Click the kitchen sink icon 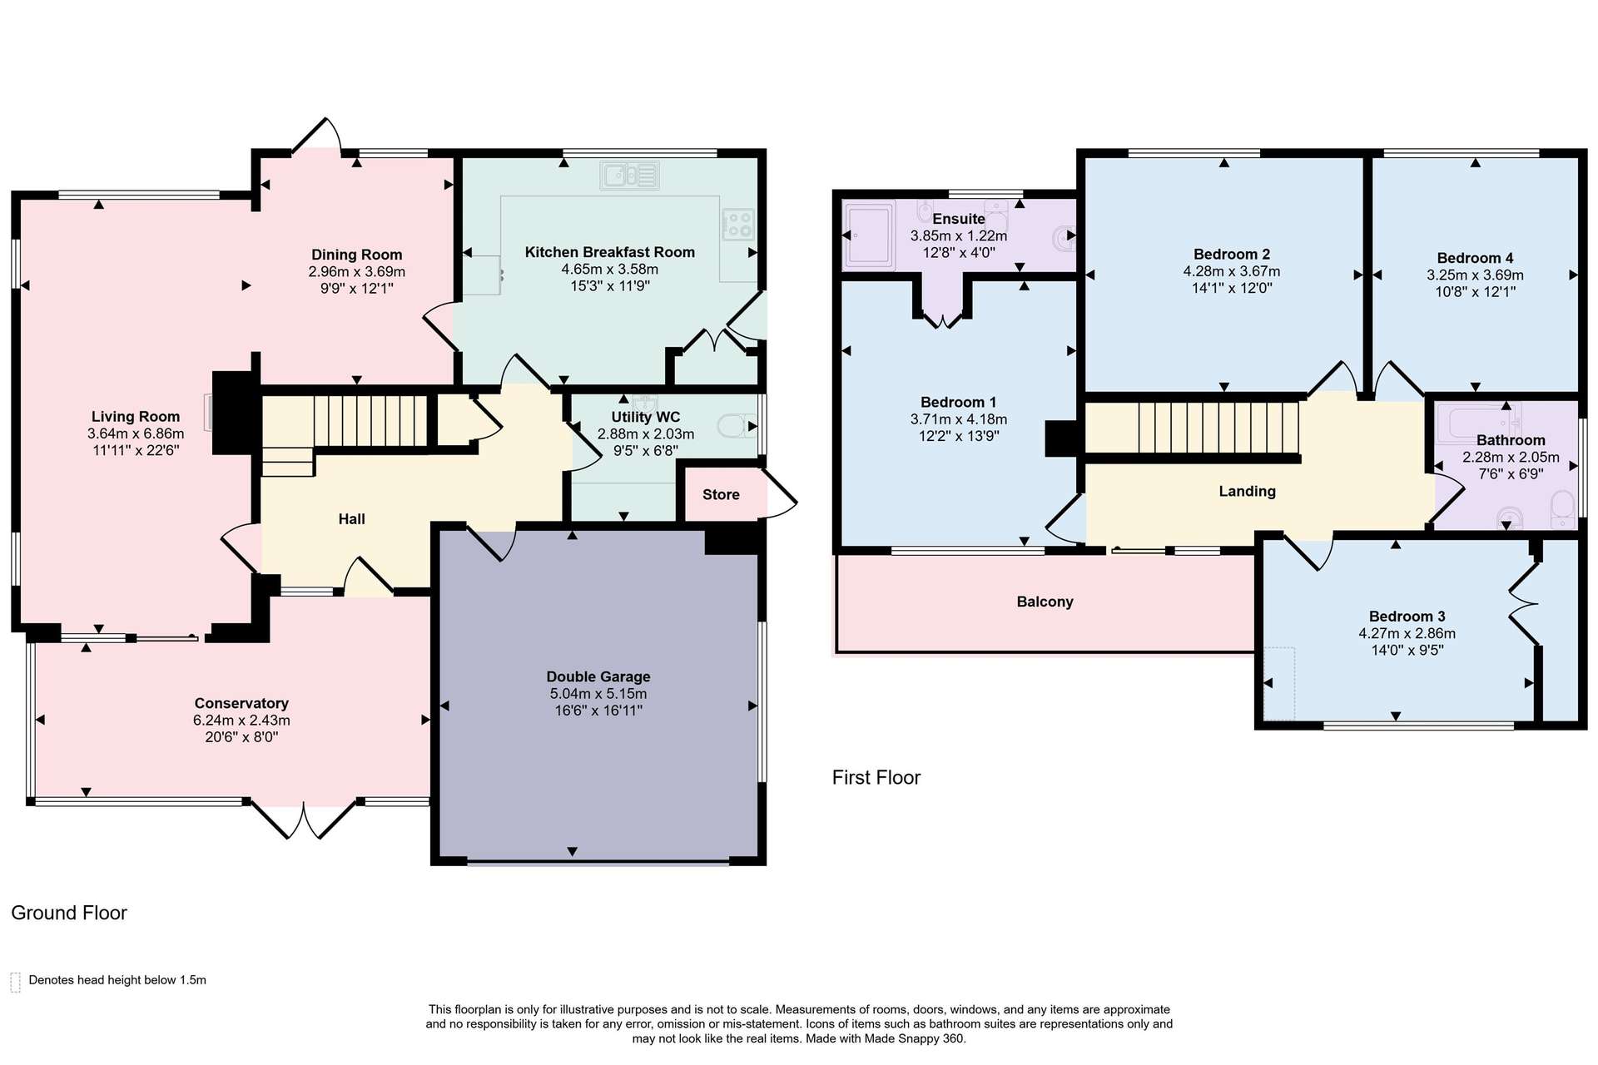point(630,176)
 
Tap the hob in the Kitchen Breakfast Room point(738,224)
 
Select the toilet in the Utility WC point(737,427)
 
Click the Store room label point(721,494)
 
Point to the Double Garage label point(598,676)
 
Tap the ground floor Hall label point(352,519)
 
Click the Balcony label point(1045,602)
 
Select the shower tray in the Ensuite point(869,235)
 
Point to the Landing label point(1247,491)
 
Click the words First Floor point(876,777)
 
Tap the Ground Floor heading point(69,913)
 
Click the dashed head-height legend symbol point(15,982)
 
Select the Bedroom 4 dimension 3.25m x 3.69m point(1475,275)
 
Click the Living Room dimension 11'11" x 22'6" point(136,450)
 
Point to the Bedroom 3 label point(1407,617)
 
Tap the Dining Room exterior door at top point(317,137)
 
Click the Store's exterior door point(780,495)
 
